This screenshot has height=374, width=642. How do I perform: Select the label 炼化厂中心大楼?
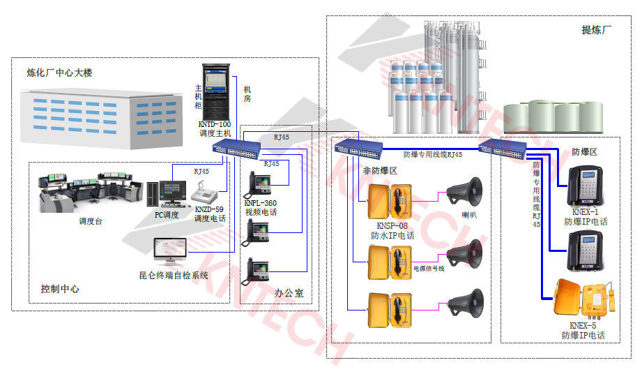click(x=59, y=73)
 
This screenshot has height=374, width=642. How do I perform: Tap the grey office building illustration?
click(x=97, y=118)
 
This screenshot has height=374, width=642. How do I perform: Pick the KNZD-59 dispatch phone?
click(x=206, y=195)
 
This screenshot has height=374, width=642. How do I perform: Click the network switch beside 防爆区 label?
click(x=503, y=147)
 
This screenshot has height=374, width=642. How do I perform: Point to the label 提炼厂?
click(x=596, y=30)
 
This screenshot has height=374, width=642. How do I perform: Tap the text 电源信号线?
click(x=429, y=269)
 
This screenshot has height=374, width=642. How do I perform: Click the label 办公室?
click(x=289, y=293)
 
